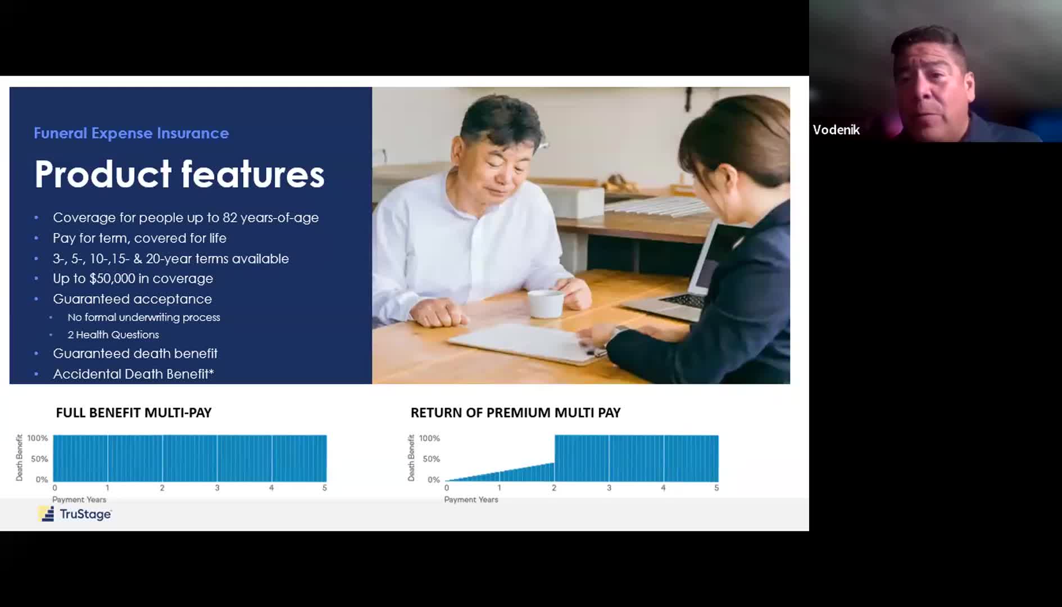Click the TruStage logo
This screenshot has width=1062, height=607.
pos(75,514)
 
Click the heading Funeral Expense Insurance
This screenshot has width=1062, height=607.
pos(131,133)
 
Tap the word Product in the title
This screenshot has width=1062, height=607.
pos(103,174)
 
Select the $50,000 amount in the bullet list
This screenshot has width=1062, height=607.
pos(112,279)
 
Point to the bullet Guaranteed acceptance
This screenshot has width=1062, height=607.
pos(133,299)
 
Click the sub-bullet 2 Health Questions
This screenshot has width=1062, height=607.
pos(114,335)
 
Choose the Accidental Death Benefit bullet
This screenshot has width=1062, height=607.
pos(133,374)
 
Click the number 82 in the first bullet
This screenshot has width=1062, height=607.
pos(230,218)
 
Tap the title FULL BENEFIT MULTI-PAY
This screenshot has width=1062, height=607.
pos(134,413)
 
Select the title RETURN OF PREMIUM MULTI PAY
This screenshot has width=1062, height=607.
pos(515,413)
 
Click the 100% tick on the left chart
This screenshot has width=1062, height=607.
pos(38,438)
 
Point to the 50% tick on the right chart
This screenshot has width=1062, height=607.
pos(432,459)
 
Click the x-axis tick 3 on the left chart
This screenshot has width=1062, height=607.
pos(217,488)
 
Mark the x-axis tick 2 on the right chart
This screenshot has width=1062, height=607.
pos(554,488)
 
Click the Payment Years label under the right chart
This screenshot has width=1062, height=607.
pos(471,500)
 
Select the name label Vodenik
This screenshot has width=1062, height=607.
pos(836,130)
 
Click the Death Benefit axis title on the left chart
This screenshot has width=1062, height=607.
pos(20,457)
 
